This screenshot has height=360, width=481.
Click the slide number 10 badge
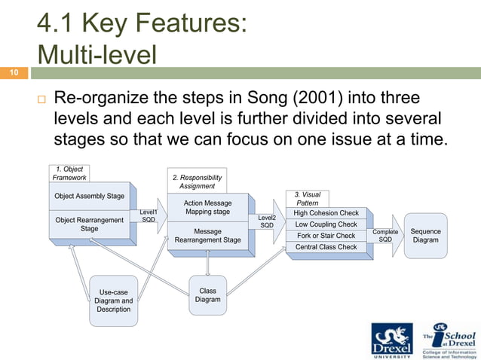(x=14, y=73)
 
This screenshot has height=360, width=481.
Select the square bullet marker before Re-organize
(x=41, y=99)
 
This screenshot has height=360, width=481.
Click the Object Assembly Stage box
(x=89, y=196)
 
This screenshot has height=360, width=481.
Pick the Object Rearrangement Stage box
(x=89, y=224)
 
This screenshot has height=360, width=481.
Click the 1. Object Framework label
(x=69, y=172)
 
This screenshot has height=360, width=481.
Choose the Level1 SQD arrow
(x=149, y=216)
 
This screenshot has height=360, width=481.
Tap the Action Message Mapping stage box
(x=207, y=207)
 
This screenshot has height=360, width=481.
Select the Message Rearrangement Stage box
(x=207, y=236)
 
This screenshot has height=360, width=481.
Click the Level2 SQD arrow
(x=268, y=221)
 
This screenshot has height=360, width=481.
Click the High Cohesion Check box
(x=326, y=213)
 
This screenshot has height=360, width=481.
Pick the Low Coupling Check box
(x=326, y=224)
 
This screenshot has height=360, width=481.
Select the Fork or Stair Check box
(x=326, y=236)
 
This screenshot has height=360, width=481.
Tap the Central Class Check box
(x=326, y=247)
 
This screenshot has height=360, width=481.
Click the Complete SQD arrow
(x=386, y=236)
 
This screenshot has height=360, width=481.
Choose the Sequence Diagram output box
(x=426, y=236)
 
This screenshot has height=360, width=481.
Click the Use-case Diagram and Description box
(x=114, y=301)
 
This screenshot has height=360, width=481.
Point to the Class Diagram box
(x=207, y=295)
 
